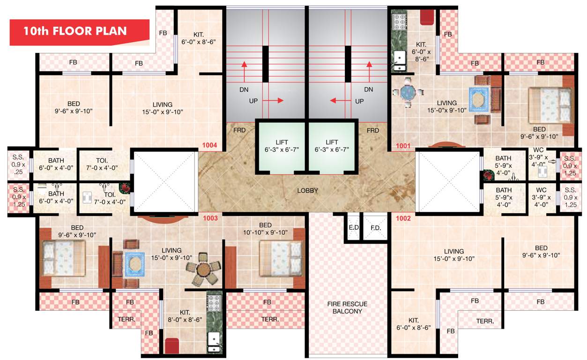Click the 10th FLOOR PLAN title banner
pyautogui.click(x=75, y=32)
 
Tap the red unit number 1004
pyautogui.click(x=209, y=145)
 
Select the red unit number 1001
pyautogui.click(x=403, y=146)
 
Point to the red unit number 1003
pyautogui.click(x=209, y=218)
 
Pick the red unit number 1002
pyautogui.click(x=403, y=218)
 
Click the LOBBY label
pyautogui.click(x=308, y=191)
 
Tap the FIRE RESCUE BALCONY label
pyautogui.click(x=347, y=307)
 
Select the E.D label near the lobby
pyautogui.click(x=354, y=228)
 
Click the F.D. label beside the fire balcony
pyautogui.click(x=375, y=228)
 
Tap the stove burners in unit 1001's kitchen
pyautogui.click(x=400, y=22)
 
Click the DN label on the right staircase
pyautogui.click(x=368, y=89)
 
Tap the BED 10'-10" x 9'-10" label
pyautogui.click(x=266, y=228)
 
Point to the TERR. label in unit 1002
pyautogui.click(x=484, y=322)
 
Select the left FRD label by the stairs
pyautogui.click(x=239, y=130)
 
